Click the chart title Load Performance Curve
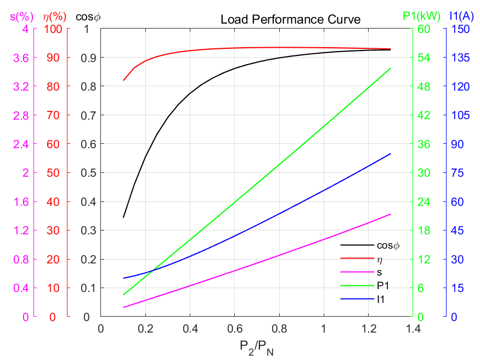pyautogui.click(x=290, y=20)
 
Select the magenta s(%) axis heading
pyautogui.click(x=19, y=16)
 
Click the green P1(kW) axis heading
pyautogui.click(x=421, y=16)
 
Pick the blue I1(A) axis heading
pyautogui.click(x=460, y=16)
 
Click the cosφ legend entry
pyautogui.click(x=388, y=245)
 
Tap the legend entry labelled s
pyautogui.click(x=379, y=272)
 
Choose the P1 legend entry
pyautogui.click(x=382, y=285)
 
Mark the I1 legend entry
pyautogui.click(x=381, y=299)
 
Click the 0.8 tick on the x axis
pyautogui.click(x=279, y=329)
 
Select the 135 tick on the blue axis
pyautogui.click(x=460, y=58)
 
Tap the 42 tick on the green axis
pyautogui.click(x=424, y=115)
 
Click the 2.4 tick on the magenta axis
pyautogui.click(x=21, y=144)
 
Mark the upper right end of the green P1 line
pyautogui.click(x=391, y=69)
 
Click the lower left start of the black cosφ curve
pyautogui.click(x=123, y=217)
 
